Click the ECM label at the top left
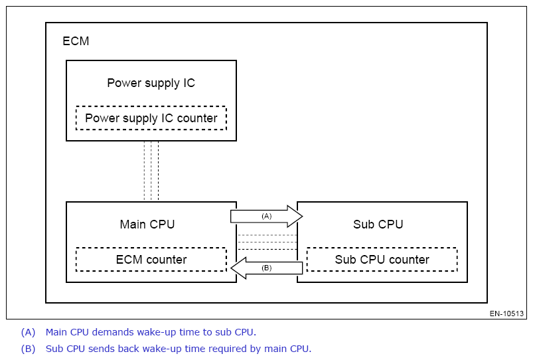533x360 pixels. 76,41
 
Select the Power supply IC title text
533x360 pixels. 151,83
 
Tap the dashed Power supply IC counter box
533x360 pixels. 151,118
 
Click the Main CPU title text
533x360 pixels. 147,225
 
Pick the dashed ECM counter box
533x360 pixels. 151,260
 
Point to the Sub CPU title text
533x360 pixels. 378,225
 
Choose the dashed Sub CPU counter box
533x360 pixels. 382,260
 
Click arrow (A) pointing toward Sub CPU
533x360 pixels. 266,217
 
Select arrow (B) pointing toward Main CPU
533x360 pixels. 267,268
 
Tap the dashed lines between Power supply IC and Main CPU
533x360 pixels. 151,171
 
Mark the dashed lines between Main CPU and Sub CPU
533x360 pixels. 267,242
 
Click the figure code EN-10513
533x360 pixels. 507,314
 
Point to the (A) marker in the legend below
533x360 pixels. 28,332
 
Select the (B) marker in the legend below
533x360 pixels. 28,349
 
